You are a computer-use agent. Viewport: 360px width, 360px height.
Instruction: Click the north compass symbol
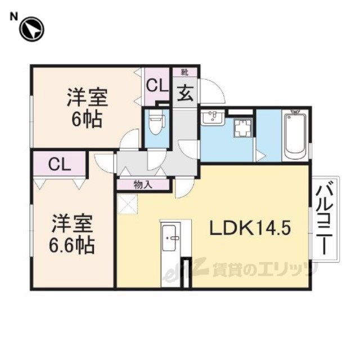coord(31,29)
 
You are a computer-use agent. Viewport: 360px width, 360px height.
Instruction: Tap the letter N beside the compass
coord(13,17)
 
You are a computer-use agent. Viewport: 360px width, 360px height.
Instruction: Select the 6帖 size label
coord(87,120)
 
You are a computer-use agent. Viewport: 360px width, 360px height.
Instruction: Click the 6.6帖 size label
coord(71,246)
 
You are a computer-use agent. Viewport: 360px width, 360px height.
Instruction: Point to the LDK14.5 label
coord(250,227)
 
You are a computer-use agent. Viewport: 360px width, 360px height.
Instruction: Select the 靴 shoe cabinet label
coord(184,73)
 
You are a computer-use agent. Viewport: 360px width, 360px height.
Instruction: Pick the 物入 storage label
coord(143,185)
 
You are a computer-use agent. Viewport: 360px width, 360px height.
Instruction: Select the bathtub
coord(295,136)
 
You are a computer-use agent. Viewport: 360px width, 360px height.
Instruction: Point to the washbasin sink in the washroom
coord(213,118)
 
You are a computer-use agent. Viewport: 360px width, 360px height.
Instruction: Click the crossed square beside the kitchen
coord(127,204)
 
